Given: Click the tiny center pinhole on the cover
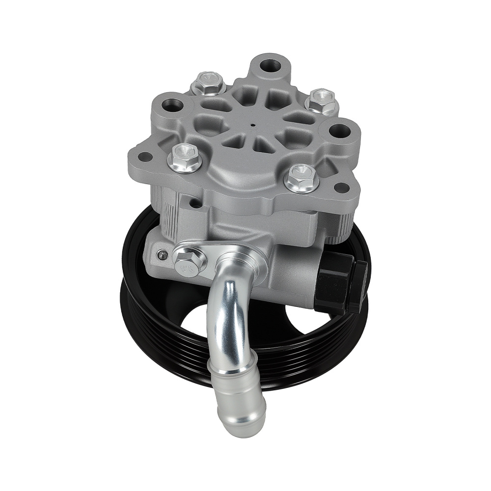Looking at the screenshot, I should [x=252, y=125].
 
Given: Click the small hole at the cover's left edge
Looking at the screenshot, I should [x=144, y=157].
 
